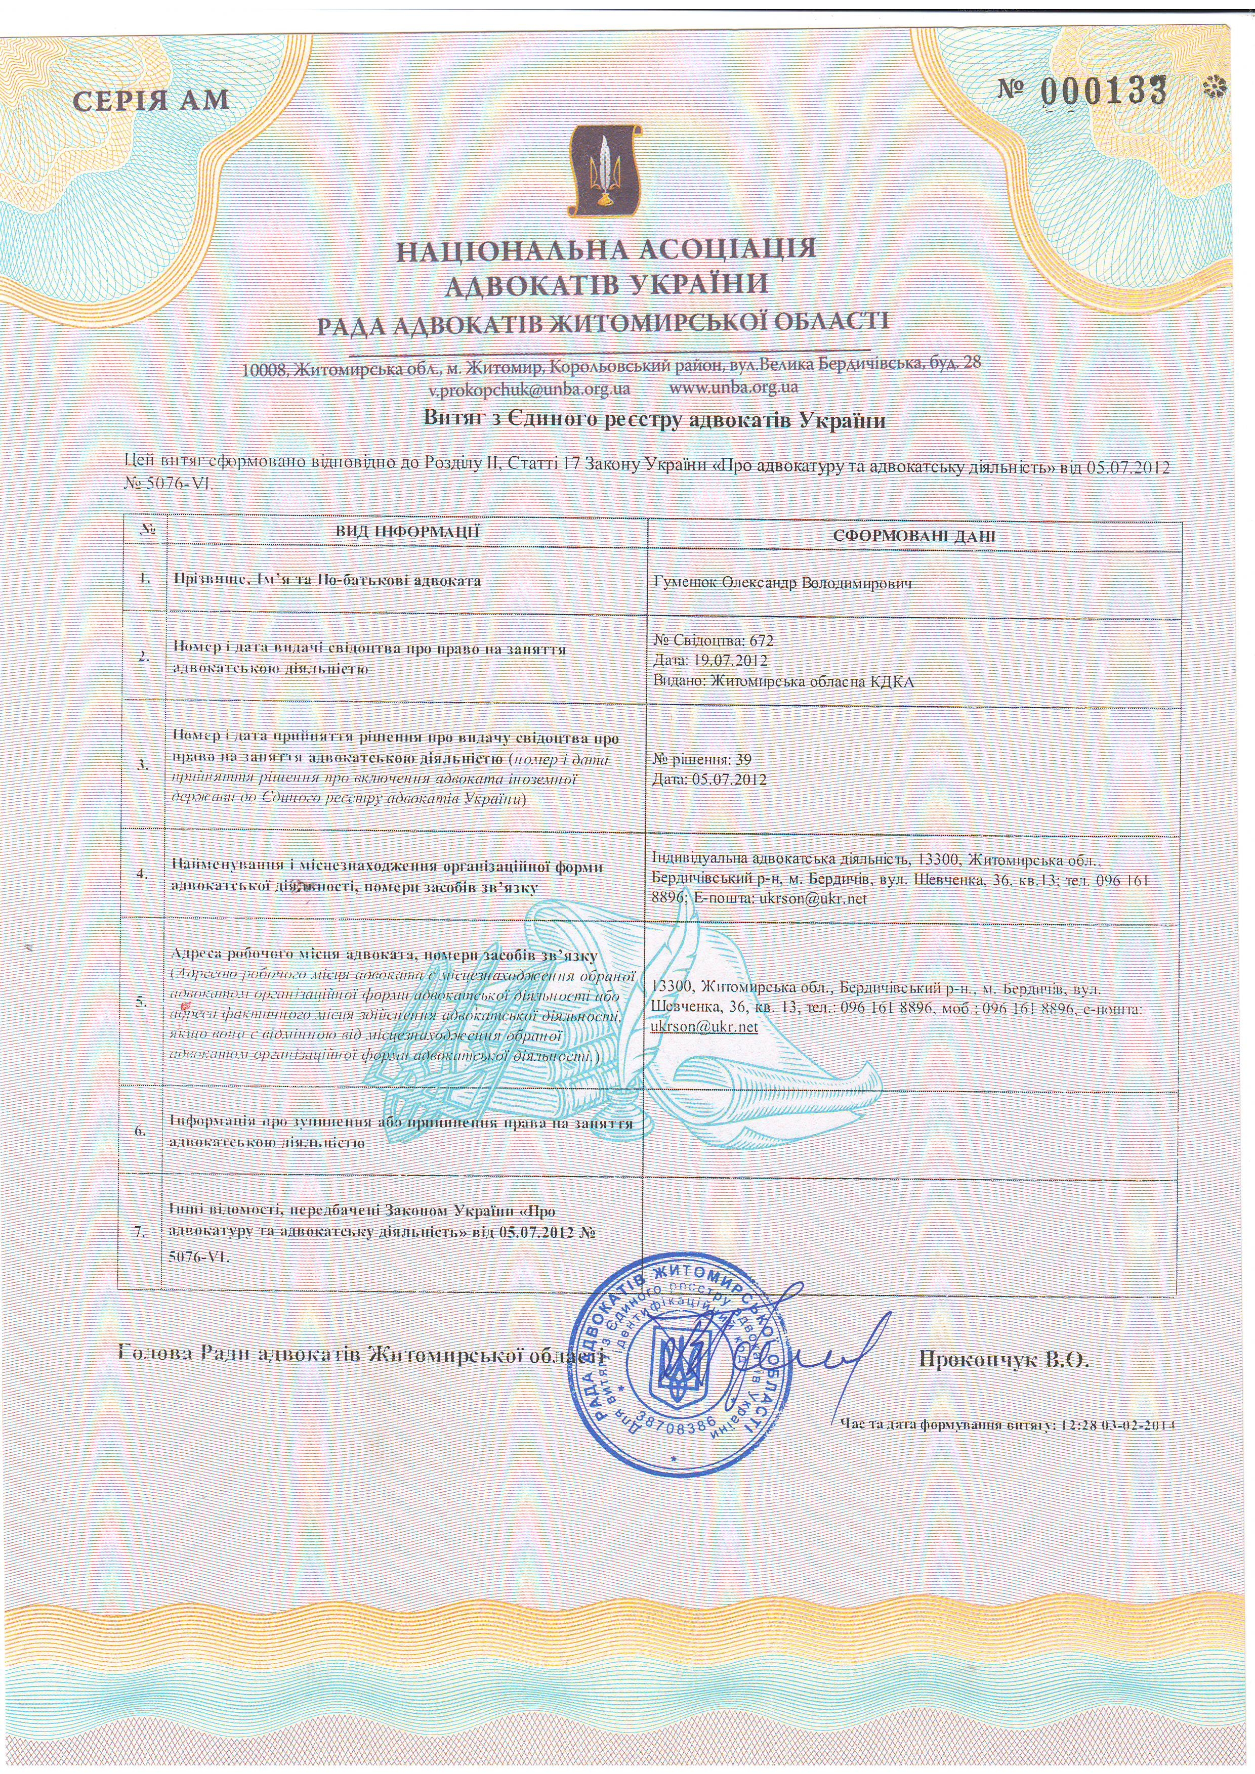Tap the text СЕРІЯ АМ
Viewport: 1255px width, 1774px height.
coord(151,101)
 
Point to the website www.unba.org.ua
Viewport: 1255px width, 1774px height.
coord(734,385)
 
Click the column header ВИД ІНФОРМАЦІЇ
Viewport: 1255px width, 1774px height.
coord(407,532)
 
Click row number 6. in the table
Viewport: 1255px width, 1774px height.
coord(141,1131)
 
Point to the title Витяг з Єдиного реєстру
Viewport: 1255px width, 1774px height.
coord(654,420)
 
